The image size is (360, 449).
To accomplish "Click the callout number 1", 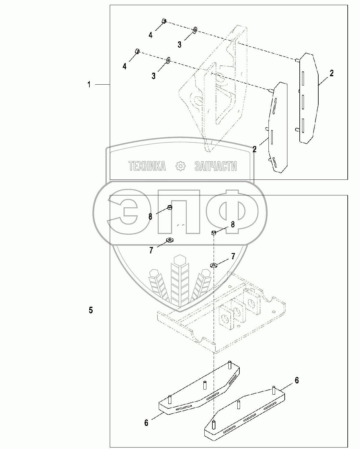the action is tap(89, 85).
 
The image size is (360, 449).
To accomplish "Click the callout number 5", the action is tap(91, 310).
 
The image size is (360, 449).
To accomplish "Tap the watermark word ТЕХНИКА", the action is tap(147, 166).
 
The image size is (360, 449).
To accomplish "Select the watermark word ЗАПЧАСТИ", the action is tap(215, 166).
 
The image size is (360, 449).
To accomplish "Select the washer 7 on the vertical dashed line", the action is tap(214, 265).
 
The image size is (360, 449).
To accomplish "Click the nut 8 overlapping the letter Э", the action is tap(169, 207).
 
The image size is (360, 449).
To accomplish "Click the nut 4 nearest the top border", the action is tap(164, 21).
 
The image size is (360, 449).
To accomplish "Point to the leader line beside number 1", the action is tap(103, 85).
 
